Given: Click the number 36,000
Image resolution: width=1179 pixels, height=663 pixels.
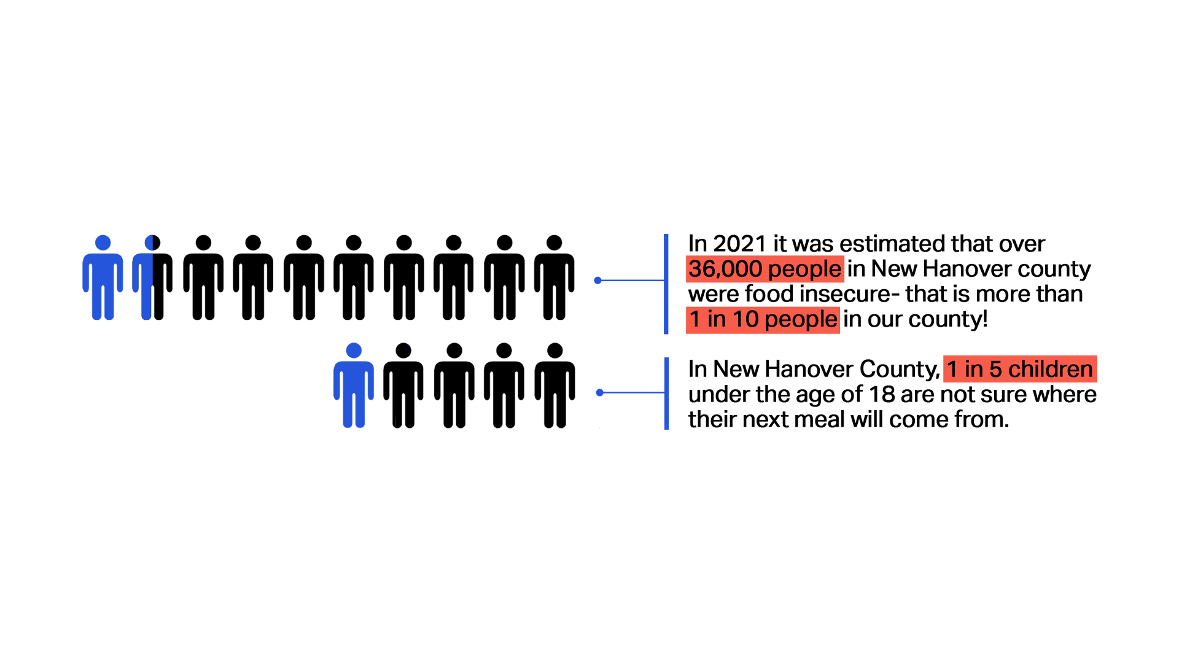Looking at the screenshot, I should (725, 269).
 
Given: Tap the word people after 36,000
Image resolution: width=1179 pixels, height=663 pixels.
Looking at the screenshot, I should (804, 269).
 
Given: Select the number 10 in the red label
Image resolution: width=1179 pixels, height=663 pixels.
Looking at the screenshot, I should (745, 319).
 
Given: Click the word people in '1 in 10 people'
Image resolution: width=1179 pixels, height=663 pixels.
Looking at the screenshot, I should (801, 319).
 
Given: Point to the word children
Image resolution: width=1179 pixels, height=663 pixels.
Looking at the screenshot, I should (1050, 369).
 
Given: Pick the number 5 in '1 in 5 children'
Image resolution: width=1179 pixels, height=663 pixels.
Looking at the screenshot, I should (995, 369).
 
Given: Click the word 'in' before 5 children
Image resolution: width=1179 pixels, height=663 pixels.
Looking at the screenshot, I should (974, 369).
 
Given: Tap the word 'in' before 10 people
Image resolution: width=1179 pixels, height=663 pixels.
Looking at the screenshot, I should (717, 319).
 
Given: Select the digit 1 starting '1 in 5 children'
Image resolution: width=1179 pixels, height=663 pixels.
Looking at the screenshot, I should (952, 369).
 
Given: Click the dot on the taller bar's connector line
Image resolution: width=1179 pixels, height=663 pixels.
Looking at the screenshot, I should (597, 281).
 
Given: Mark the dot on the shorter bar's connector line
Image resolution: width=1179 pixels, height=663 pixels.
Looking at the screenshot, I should (599, 392).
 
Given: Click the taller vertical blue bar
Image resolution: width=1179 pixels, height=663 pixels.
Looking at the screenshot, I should (666, 284).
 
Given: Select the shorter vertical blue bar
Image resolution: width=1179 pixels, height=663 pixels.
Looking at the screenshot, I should (667, 393).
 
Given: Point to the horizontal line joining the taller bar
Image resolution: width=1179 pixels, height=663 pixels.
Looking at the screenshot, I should (632, 281).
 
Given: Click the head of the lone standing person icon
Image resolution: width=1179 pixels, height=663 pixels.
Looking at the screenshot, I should (354, 351).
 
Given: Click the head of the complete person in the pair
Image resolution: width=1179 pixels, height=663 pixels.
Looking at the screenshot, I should (103, 242).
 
